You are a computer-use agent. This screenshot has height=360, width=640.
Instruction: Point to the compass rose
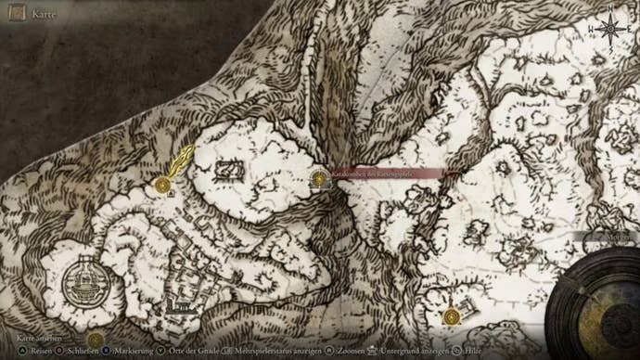pos(610,28)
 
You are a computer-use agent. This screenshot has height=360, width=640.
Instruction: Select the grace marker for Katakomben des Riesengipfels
pos(320,178)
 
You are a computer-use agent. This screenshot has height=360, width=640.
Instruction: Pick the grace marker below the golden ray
pos(163,186)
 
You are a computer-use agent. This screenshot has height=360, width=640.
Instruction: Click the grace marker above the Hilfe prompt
pos(453,317)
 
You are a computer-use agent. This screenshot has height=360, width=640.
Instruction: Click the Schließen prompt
pos(79,352)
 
